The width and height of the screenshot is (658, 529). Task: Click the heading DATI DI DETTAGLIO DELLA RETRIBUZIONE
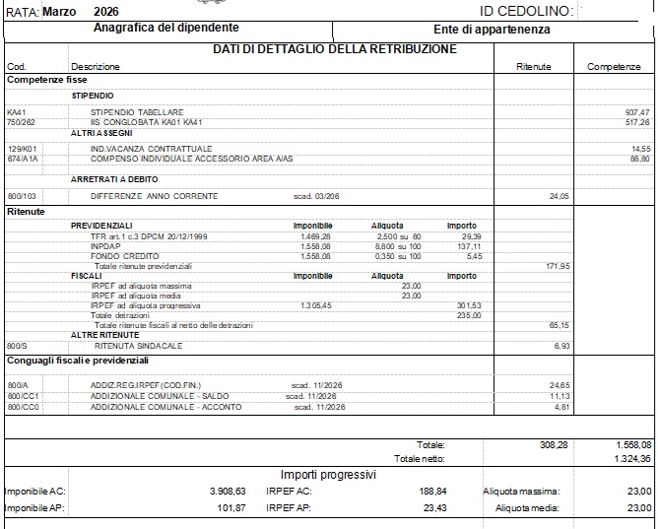click(x=334, y=49)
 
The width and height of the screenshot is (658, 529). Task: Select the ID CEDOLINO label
click(x=526, y=11)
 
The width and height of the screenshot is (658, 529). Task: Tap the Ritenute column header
click(x=533, y=66)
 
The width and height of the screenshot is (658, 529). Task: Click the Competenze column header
click(x=614, y=66)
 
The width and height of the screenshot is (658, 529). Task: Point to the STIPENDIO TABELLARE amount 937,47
click(x=637, y=112)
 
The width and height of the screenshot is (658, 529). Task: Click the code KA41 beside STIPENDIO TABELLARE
click(x=16, y=112)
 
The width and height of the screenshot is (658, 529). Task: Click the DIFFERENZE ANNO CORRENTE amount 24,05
click(x=559, y=196)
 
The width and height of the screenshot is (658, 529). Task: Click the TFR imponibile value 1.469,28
click(x=315, y=236)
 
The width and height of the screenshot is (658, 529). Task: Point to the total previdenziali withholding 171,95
click(x=558, y=266)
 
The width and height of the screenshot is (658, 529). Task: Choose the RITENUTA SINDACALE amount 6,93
click(x=562, y=346)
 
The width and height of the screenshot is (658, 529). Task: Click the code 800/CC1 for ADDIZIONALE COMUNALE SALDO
click(x=21, y=396)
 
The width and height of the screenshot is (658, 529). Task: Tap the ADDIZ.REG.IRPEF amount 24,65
click(x=559, y=384)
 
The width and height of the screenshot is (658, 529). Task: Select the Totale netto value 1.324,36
click(x=631, y=458)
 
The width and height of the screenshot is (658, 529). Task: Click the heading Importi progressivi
click(x=328, y=474)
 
